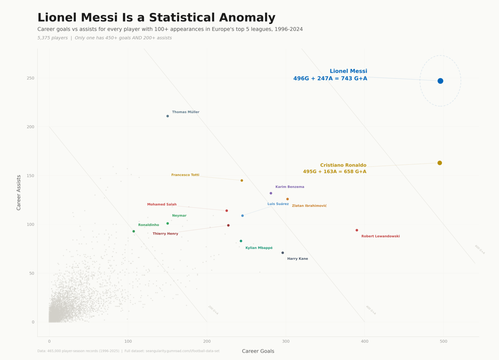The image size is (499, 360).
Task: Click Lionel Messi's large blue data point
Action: (x=440, y=81)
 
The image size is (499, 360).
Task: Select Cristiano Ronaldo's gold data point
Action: (x=440, y=163)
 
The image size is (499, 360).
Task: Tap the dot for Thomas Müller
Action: (x=168, y=116)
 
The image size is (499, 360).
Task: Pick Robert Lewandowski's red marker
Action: (x=357, y=230)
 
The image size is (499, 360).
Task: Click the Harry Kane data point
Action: (x=283, y=253)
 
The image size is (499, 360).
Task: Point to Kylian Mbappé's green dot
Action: (x=241, y=241)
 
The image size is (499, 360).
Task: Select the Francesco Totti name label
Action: (x=185, y=175)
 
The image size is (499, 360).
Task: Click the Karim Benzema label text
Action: (x=290, y=187)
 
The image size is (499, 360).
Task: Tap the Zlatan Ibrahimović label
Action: (x=309, y=206)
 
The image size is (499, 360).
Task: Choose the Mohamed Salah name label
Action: (x=162, y=205)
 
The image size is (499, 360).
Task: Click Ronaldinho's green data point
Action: (x=134, y=231)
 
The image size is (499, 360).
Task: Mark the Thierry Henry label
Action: (x=165, y=234)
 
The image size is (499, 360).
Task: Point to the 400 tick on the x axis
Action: (x=365, y=341)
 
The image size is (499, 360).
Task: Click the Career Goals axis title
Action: (x=258, y=351)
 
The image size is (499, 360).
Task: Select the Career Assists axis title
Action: (x=19, y=192)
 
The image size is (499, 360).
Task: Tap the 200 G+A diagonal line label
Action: (x=213, y=310)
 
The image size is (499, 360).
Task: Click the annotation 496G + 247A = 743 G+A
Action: (x=330, y=79)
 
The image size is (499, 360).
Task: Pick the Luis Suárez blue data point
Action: (x=242, y=216)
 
